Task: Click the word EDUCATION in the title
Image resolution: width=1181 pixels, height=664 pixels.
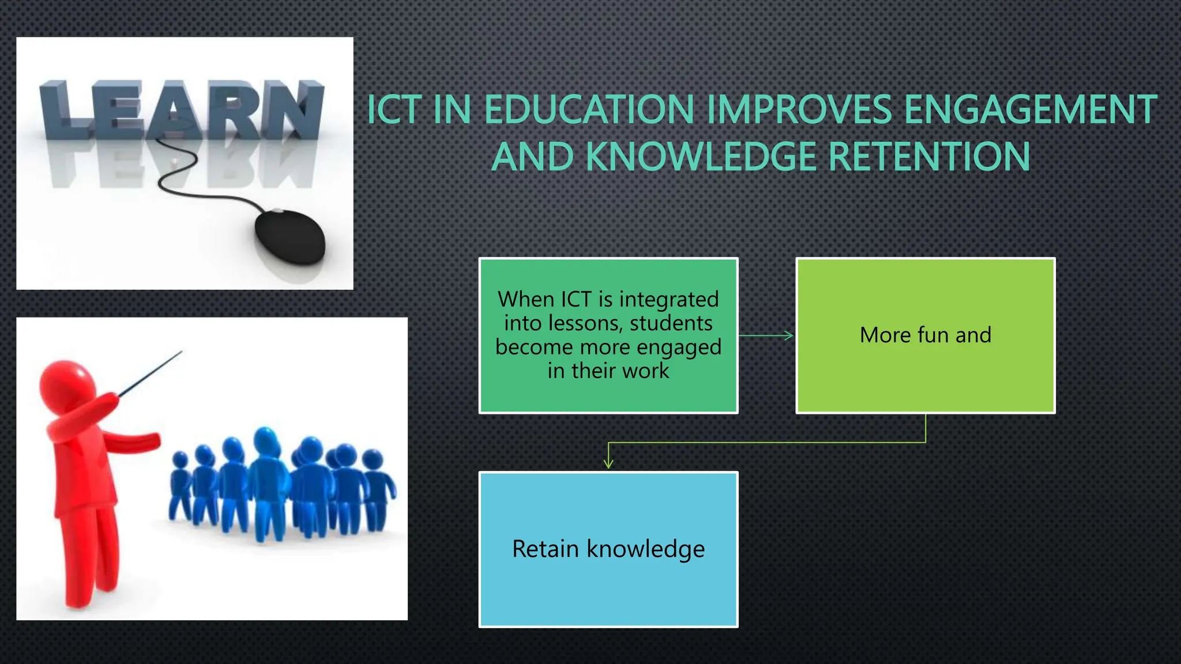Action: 589,110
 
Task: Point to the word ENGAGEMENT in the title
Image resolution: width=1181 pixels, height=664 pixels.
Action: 1030,110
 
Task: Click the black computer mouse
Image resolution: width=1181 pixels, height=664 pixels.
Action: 291,237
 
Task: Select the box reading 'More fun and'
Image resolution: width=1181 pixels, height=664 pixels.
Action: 925,335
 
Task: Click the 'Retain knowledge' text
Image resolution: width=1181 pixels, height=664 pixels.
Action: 608,549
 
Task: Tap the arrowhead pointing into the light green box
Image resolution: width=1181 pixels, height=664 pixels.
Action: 789,335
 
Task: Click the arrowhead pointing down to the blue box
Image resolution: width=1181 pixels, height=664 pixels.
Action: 608,463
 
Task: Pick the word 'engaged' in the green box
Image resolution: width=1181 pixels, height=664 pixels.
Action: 679,348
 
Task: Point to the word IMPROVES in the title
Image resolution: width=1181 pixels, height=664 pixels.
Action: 799,110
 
